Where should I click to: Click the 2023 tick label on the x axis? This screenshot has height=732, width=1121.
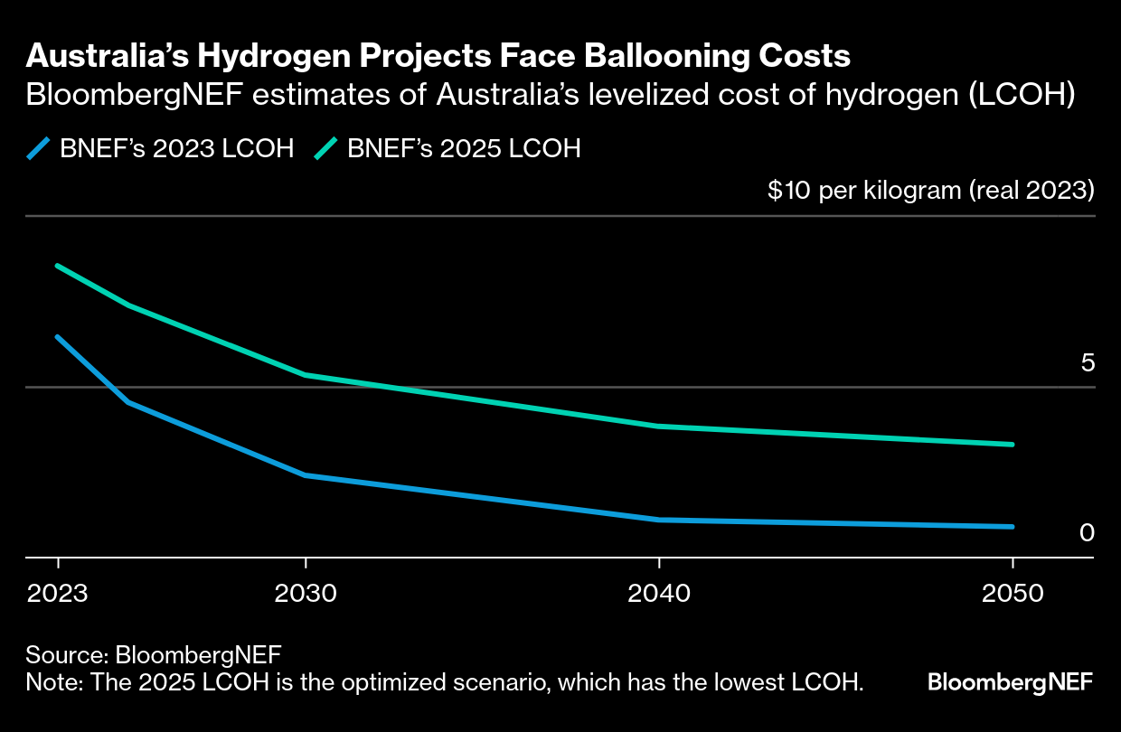58,594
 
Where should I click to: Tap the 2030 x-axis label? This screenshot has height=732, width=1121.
306,594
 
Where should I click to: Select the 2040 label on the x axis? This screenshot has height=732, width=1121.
659,594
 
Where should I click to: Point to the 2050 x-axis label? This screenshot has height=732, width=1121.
1013,594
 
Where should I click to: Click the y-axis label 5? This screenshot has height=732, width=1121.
1088,362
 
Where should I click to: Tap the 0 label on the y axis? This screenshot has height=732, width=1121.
1087,533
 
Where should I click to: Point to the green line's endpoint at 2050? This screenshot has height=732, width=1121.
1013,445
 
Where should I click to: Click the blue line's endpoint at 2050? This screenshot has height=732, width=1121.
1013,527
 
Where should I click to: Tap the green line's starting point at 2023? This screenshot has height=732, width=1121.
58,266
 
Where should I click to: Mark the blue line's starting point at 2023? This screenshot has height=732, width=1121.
58,337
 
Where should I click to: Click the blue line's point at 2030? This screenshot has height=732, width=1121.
306,475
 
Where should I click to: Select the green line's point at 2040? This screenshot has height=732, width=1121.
659,426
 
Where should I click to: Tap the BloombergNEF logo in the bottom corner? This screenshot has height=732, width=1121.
1010,681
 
